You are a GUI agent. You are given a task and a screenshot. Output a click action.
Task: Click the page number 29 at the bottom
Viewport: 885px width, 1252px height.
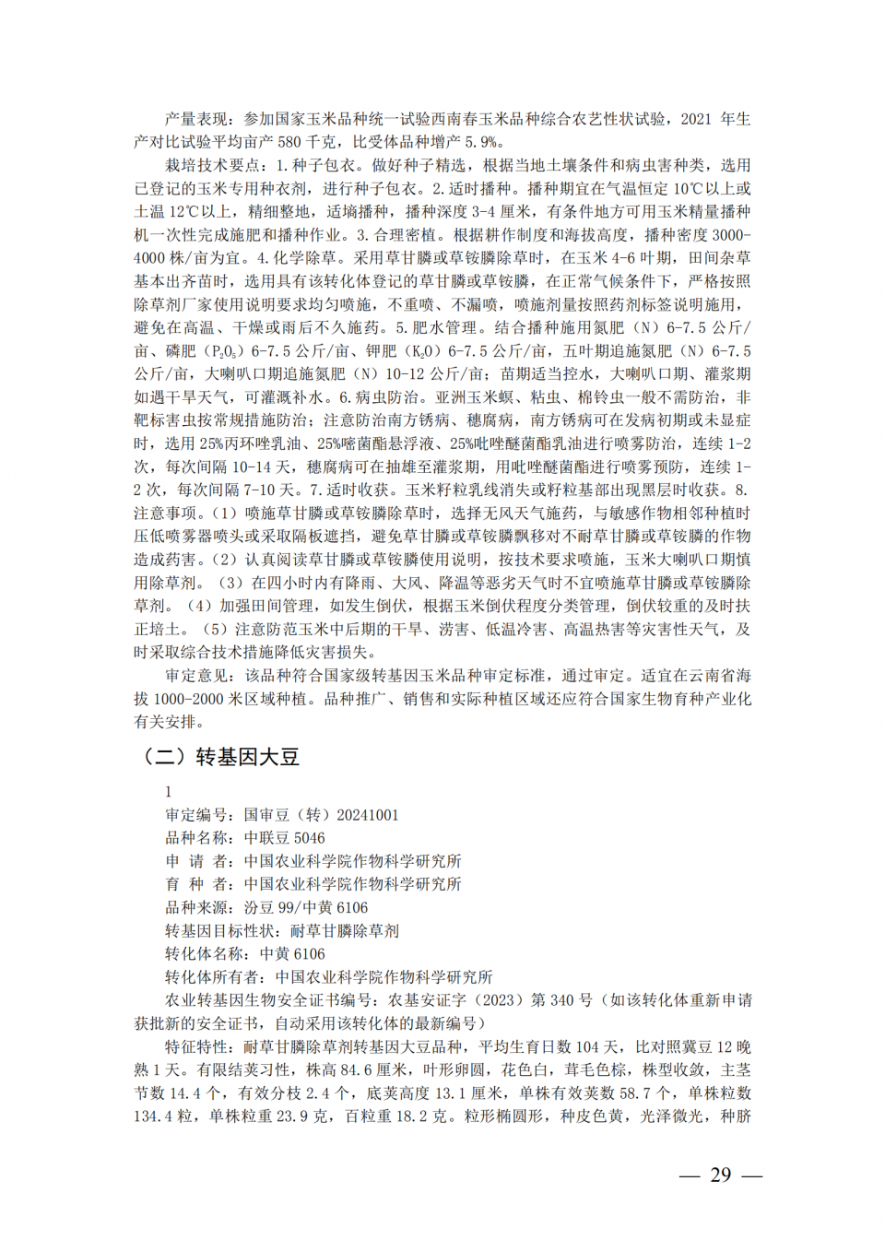pos(720,1175)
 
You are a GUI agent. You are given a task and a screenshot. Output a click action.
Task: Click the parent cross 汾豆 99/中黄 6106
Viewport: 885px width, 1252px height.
pos(305,907)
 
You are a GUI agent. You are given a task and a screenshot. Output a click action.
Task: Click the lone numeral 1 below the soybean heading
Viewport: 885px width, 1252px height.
pos(169,792)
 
